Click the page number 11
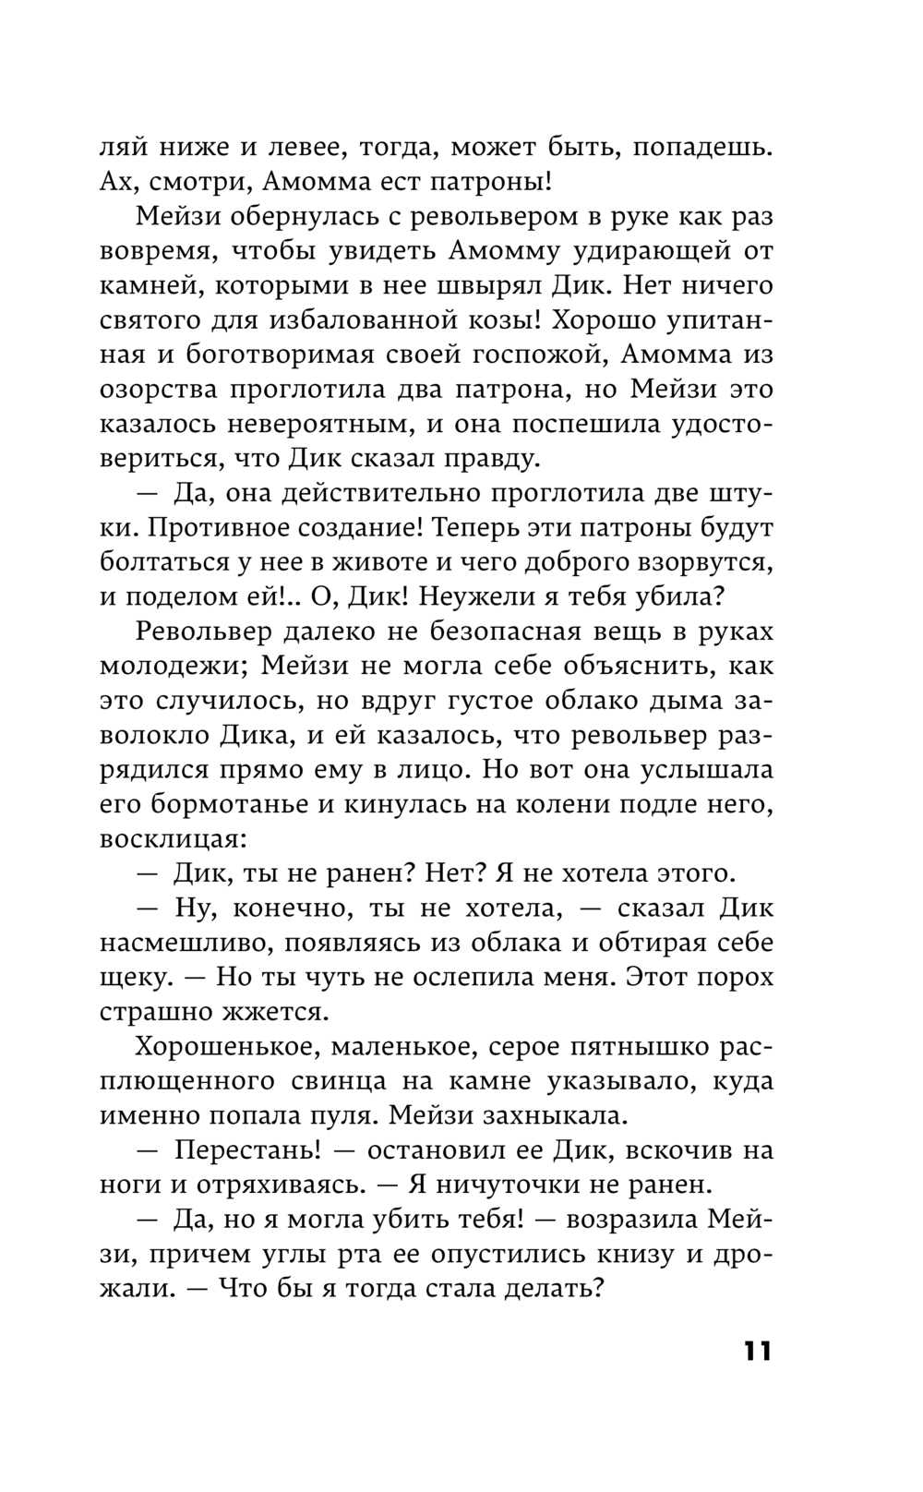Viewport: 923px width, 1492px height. [755, 1351]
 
